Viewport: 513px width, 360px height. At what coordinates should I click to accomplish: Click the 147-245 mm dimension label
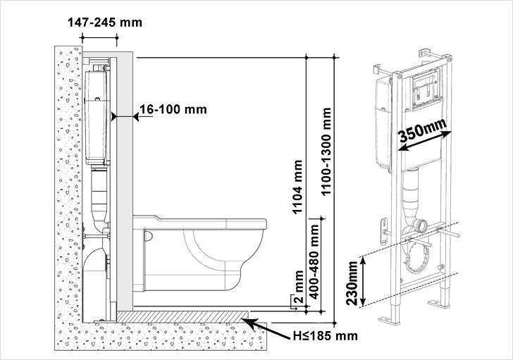point(105,23)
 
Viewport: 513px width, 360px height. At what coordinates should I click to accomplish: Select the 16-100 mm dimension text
point(173,109)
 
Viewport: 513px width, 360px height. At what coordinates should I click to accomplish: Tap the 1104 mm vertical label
point(297,187)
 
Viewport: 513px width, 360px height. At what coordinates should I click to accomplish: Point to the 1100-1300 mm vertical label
point(326,151)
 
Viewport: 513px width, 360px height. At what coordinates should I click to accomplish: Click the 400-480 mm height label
point(314,261)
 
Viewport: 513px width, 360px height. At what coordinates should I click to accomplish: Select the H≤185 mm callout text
point(326,336)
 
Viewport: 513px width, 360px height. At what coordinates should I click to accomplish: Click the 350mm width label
point(423,130)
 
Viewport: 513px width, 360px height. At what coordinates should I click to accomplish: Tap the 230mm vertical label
point(352,283)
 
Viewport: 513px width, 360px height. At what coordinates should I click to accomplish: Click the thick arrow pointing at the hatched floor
point(266,328)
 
